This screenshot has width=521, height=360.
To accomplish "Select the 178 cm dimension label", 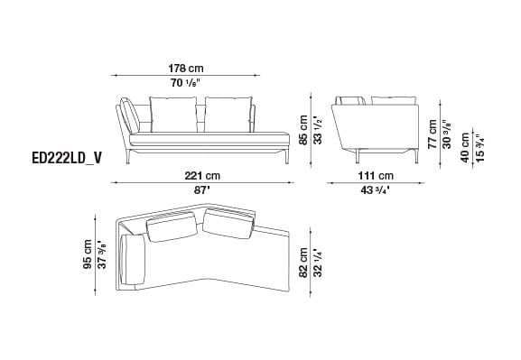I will (185, 68).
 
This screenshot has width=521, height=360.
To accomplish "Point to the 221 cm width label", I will (201, 175).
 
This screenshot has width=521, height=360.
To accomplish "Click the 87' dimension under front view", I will (201, 190).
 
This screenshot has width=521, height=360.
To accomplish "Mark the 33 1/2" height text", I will (317, 130).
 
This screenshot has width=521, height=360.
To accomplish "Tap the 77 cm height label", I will (433, 133).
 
